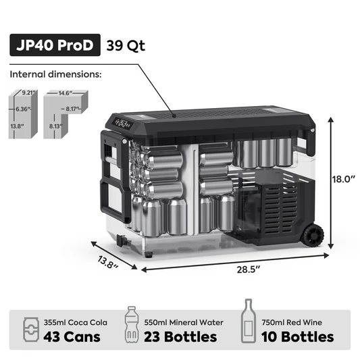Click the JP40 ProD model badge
(x=55, y=47)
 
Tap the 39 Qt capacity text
(x=126, y=47)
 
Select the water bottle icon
(x=131, y=327)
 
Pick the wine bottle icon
(x=249, y=324)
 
